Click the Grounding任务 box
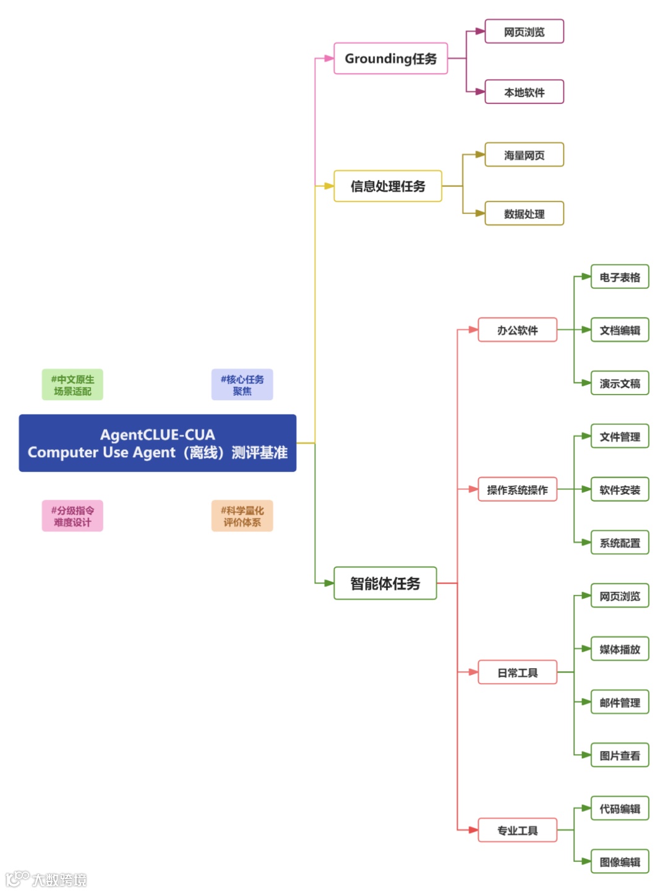[x=390, y=59]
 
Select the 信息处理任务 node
[x=388, y=186]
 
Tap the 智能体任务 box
[x=385, y=583]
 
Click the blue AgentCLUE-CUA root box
[x=158, y=444]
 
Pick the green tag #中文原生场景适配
[x=72, y=385]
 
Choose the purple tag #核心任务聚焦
[x=242, y=385]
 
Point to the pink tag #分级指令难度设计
[x=72, y=516]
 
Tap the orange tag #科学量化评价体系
[x=242, y=516]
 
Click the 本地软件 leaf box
[x=524, y=92]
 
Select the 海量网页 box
[x=524, y=155]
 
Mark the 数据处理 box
[x=524, y=214]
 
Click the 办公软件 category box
[x=517, y=330]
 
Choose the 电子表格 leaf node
[x=620, y=277]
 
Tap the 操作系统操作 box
[x=517, y=490]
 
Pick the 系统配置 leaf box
[x=620, y=543]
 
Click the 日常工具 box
[x=517, y=672]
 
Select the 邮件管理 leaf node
[x=620, y=703]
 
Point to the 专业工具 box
[x=517, y=830]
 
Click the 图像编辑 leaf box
[x=620, y=862]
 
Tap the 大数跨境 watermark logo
[x=46, y=879]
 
